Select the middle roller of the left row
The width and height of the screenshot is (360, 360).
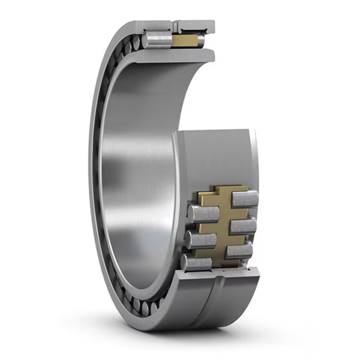point(200,239)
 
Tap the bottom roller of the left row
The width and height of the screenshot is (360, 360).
point(197,262)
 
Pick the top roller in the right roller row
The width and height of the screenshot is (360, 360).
point(245,199)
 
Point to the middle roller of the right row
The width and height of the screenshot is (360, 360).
point(242,226)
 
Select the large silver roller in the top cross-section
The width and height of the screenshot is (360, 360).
point(157,40)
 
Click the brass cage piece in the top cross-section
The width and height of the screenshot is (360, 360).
point(186,41)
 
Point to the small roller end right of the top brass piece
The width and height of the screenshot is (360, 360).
point(202,41)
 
